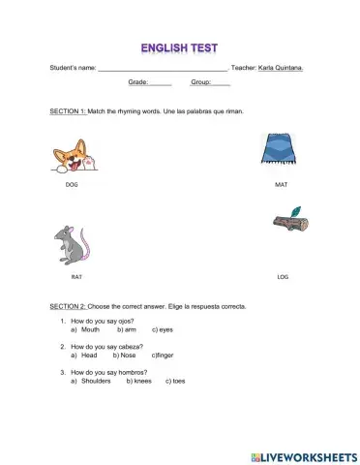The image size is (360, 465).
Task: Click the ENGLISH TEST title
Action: point(179,46)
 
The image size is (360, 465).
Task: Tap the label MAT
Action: point(281,184)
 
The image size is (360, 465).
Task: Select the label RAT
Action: point(76,276)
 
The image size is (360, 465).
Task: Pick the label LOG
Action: point(283,276)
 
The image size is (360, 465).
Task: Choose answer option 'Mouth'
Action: point(91,329)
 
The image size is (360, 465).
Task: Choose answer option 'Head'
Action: point(89,355)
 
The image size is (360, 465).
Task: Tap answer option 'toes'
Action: point(178,381)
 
